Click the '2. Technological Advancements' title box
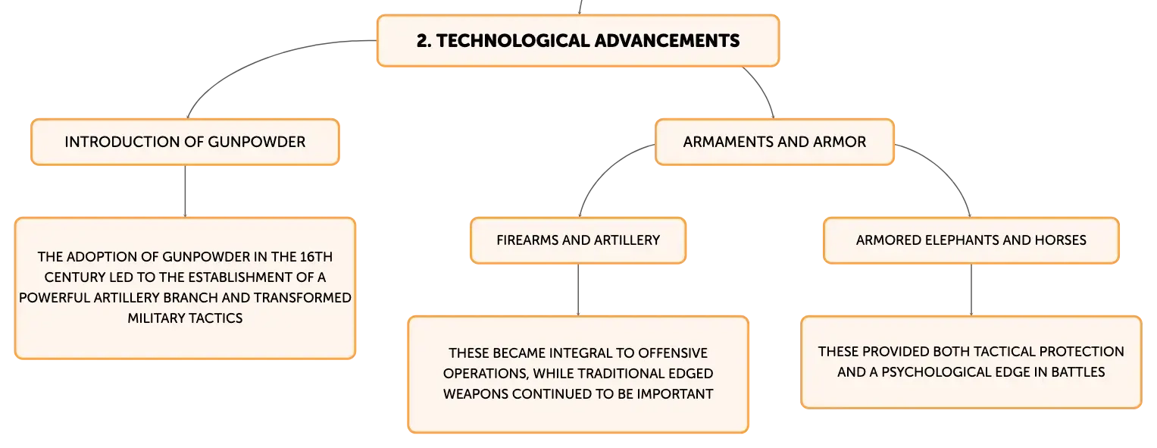pyautogui.click(x=578, y=41)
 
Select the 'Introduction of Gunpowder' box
pyautogui.click(x=185, y=142)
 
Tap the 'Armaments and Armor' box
pyautogui.click(x=774, y=142)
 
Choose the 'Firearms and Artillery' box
pyautogui.click(x=578, y=240)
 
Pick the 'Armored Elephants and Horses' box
pyautogui.click(x=971, y=240)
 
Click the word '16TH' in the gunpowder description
pyautogui.click(x=316, y=257)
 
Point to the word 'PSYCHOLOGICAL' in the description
pyautogui.click(x=930, y=372)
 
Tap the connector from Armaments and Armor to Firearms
pyautogui.click(x=605, y=171)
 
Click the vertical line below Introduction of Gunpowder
pyautogui.click(x=185, y=191)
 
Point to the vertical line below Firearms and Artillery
pyautogui.click(x=578, y=290)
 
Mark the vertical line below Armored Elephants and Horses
pyautogui.click(x=971, y=290)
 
